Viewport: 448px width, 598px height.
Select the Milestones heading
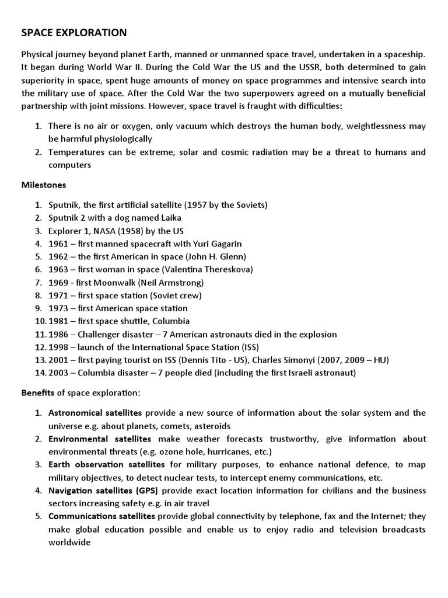pos(44,185)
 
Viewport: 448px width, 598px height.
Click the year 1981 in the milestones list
pos(59,321)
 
